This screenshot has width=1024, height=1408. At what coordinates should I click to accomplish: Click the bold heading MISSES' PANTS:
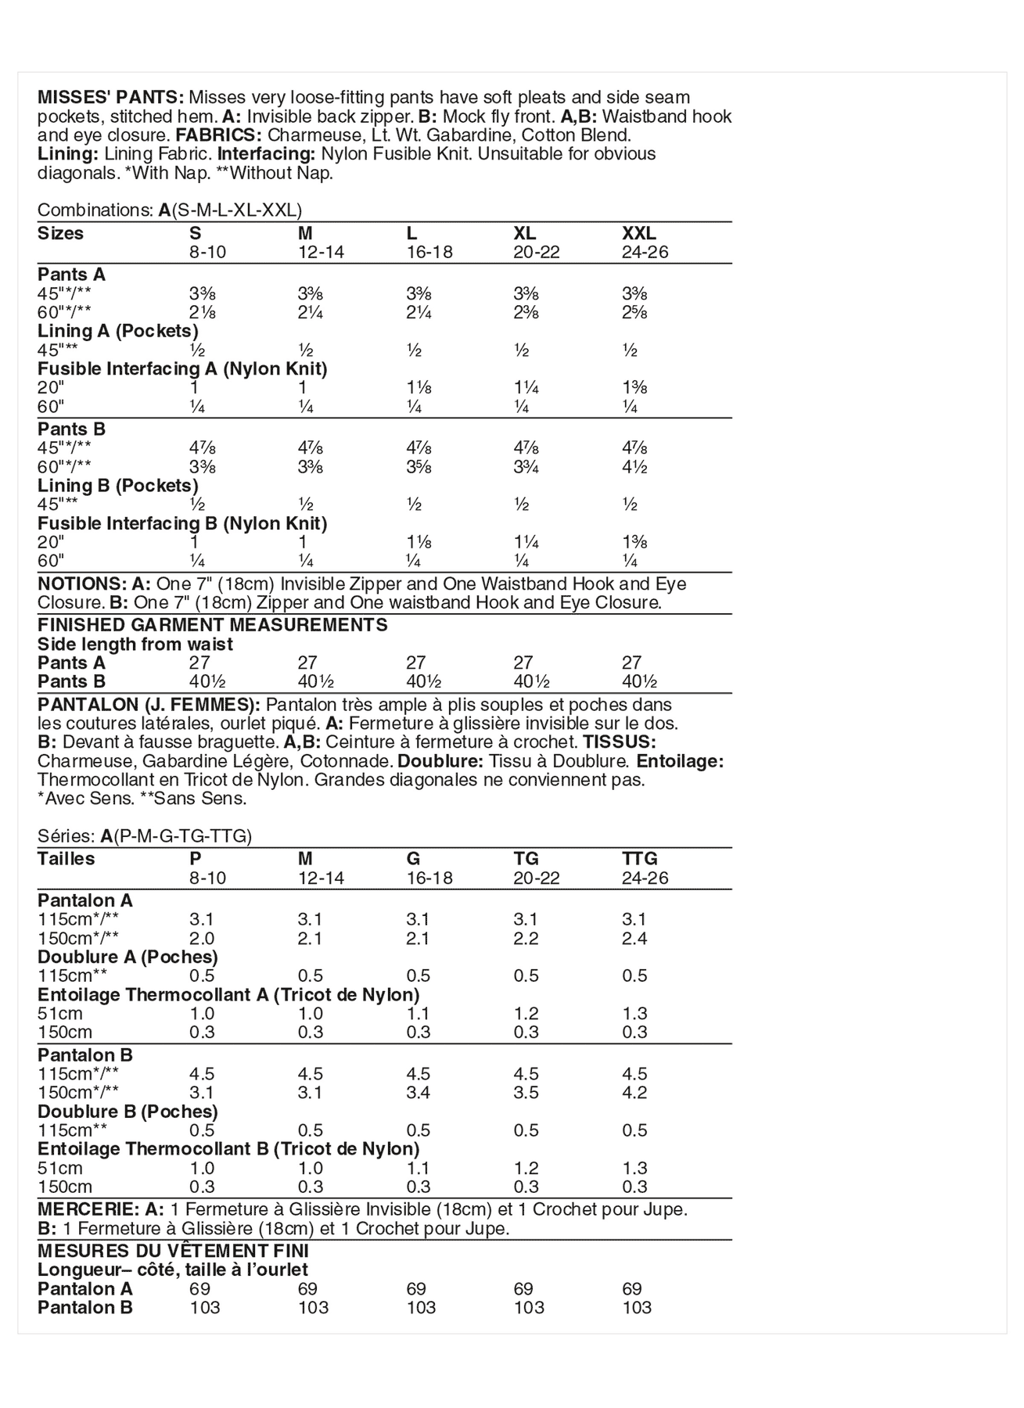pos(110,98)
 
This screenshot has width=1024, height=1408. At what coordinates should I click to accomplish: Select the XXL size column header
pos(638,233)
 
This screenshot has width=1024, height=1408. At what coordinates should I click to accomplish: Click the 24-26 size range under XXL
pos(645,252)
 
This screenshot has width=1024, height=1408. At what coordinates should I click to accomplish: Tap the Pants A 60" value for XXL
pos(635,312)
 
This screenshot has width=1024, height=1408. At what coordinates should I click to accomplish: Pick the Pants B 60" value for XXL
pos(634,467)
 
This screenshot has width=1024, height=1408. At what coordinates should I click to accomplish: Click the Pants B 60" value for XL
pos(526,467)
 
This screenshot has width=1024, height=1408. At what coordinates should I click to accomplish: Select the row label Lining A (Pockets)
pos(117,331)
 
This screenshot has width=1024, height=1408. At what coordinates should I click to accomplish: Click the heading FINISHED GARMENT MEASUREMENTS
pos(212,625)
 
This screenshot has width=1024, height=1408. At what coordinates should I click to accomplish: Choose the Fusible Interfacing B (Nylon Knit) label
pos(181,523)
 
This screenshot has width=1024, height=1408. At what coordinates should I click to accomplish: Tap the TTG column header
pos(639,858)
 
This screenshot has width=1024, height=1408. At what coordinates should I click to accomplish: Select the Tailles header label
pos(66,858)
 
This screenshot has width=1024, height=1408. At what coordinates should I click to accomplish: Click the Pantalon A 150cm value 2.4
pos(634,938)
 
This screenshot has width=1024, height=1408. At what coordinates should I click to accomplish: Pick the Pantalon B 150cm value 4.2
pos(634,1093)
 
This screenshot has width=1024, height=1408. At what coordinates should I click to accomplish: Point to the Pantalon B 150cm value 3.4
pos(419,1093)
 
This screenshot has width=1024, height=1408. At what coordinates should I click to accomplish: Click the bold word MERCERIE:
pos(84,1209)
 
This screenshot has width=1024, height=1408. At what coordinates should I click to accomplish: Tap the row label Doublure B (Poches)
pos(128,1112)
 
